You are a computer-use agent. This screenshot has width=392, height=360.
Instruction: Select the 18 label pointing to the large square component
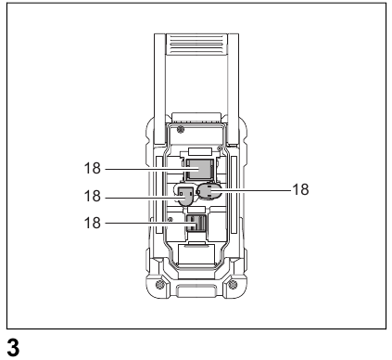pyautogui.click(x=92, y=170)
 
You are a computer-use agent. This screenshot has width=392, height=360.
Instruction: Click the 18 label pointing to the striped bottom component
pyautogui.click(x=92, y=224)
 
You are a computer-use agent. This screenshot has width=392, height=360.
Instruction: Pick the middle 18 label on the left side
pyautogui.click(x=92, y=197)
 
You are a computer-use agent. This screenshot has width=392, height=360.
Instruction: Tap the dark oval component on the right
pyautogui.click(x=210, y=192)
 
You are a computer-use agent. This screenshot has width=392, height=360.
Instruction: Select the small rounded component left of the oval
pyautogui.click(x=184, y=196)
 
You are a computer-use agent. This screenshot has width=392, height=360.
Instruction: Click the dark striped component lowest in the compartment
pyautogui.click(x=195, y=224)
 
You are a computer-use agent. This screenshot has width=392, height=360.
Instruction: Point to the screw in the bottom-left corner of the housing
pyautogui.click(x=159, y=283)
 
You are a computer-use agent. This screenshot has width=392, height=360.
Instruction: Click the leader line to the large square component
pyautogui.click(x=144, y=170)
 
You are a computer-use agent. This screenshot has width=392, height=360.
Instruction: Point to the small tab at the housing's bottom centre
pyautogui.click(x=196, y=296)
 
